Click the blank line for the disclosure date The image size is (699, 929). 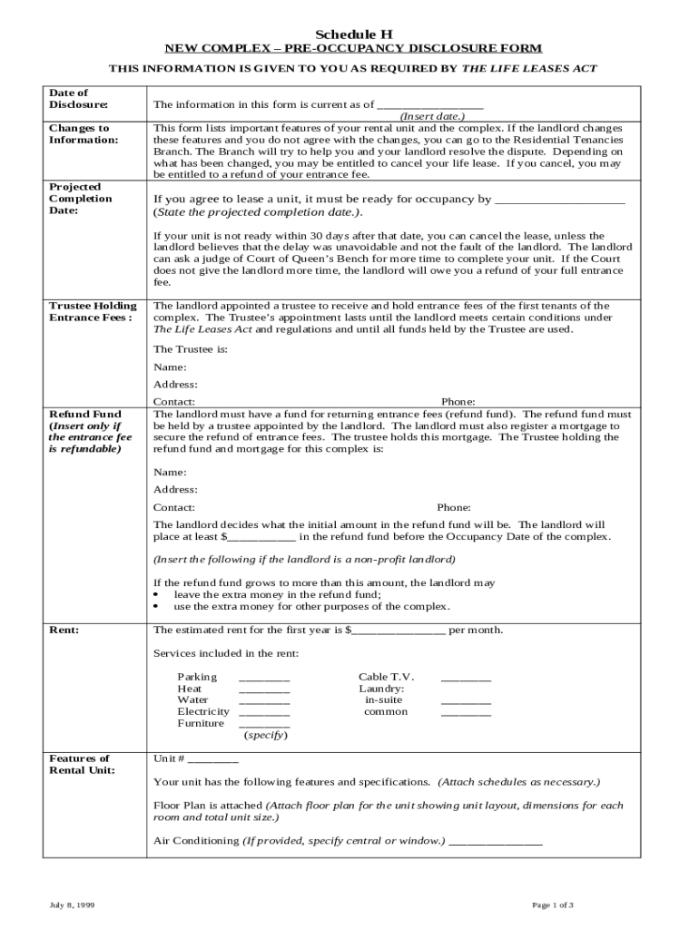(429, 107)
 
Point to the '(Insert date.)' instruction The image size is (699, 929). (432, 116)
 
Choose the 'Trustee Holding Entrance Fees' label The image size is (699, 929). (94, 311)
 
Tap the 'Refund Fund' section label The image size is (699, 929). (84, 414)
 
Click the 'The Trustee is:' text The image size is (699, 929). (190, 348)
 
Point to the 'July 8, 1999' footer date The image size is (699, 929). (72, 905)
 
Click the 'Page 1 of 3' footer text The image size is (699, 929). (551, 905)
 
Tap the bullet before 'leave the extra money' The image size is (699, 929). (157, 595)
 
